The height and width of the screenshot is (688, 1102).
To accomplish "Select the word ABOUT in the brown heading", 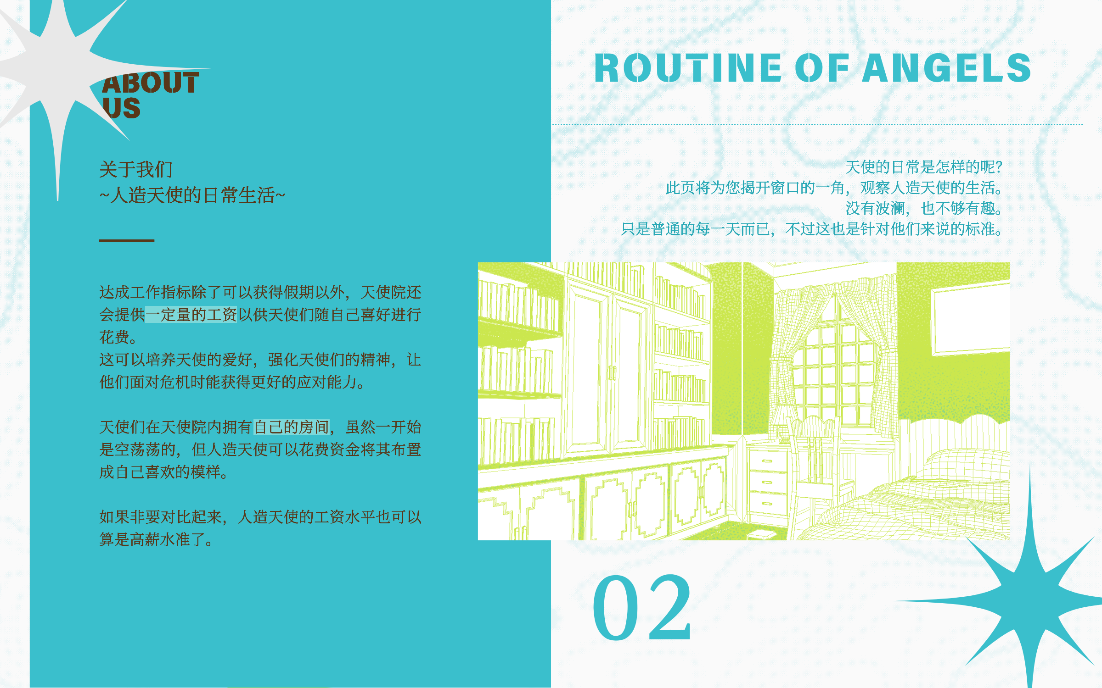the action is [151, 83].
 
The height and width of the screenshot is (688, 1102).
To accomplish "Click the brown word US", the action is [121, 108].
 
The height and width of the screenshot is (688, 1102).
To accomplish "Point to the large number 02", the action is [642, 607].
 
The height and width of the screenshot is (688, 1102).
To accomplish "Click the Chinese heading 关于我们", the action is [136, 169].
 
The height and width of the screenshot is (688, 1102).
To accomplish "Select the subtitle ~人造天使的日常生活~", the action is [192, 195].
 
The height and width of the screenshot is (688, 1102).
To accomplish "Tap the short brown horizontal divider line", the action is [127, 240].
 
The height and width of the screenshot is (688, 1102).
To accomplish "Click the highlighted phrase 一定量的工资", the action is [191, 315].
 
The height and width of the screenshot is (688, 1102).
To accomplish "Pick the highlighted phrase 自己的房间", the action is [292, 427].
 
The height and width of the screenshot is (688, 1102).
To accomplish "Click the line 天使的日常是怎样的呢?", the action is [924, 167].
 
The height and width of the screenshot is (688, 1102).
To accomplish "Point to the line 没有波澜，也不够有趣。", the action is [924, 208].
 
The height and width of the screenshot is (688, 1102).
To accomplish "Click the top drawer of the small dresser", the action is [768, 461].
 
